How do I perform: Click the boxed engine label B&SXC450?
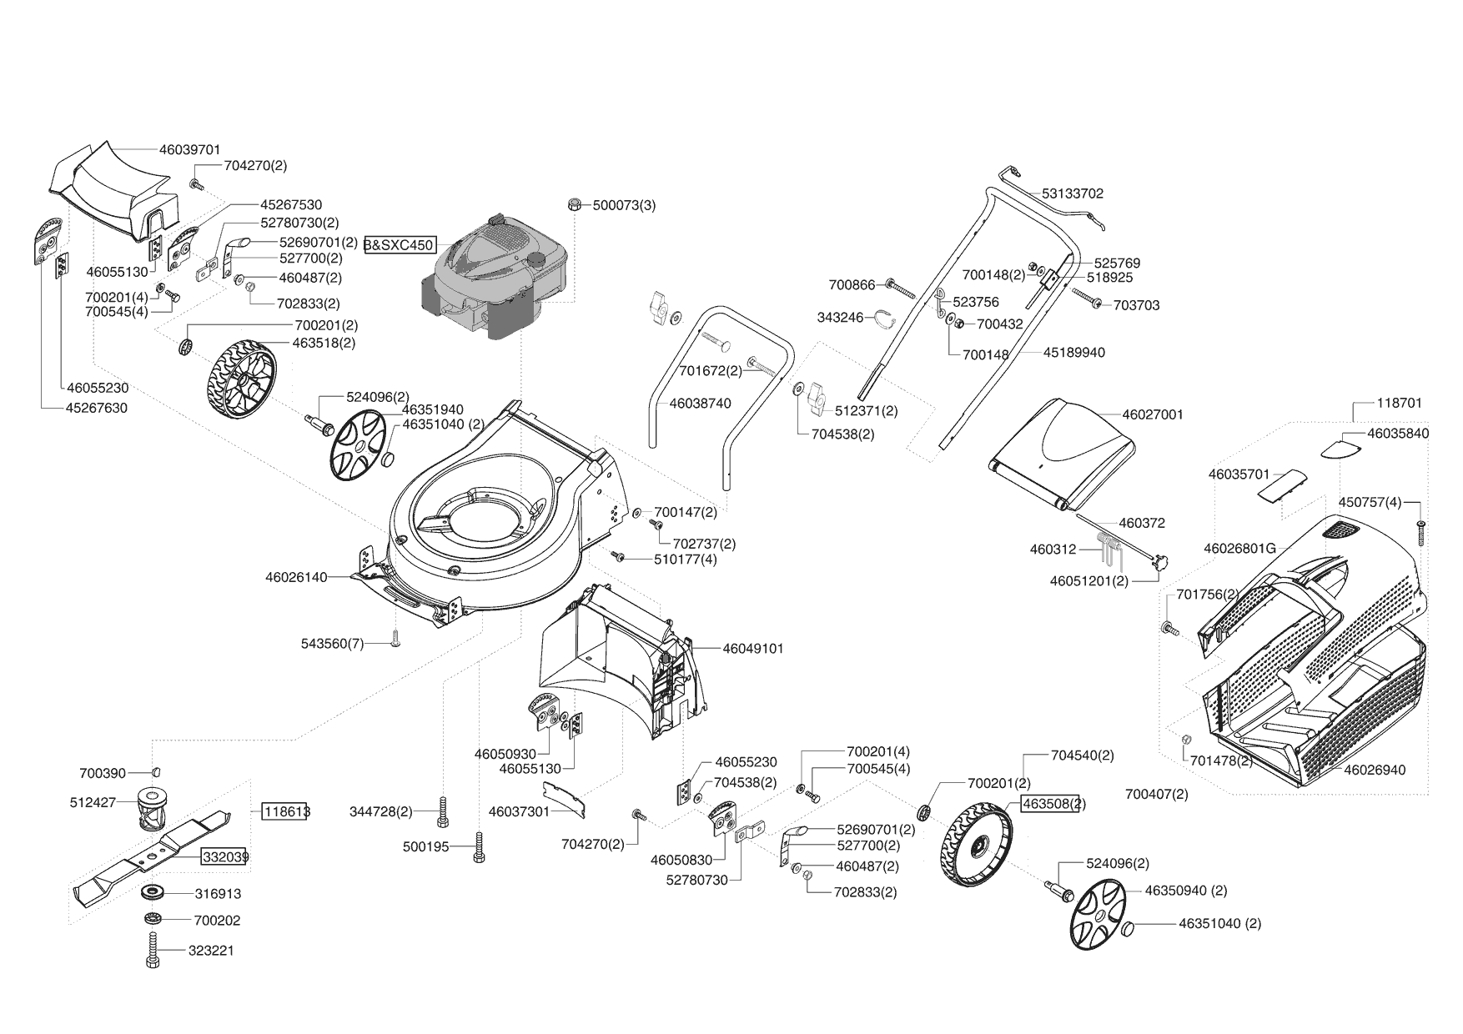(399, 245)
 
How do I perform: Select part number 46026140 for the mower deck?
(296, 577)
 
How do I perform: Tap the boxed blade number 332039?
(224, 856)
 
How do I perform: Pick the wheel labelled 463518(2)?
(239, 379)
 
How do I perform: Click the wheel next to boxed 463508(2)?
(976, 843)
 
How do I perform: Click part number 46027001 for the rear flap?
(1152, 414)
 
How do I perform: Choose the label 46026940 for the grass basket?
(1375, 770)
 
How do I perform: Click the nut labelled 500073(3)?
(574, 204)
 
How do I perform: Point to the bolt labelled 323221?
(153, 951)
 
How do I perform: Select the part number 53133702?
(1072, 193)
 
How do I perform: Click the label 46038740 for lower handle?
(700, 404)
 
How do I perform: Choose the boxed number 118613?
(284, 811)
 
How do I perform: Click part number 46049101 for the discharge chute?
(752, 648)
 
